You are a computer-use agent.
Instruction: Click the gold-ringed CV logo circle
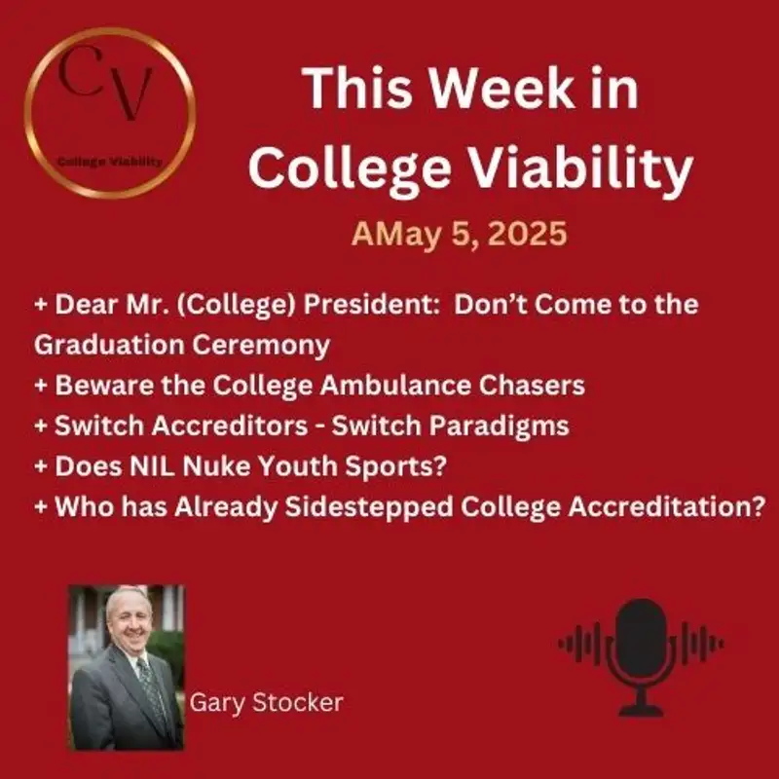coord(109,114)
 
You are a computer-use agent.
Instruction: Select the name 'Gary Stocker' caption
coord(267,702)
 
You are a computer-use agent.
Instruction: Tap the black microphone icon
coord(641,643)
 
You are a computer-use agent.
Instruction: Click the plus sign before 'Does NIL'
coord(41,466)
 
